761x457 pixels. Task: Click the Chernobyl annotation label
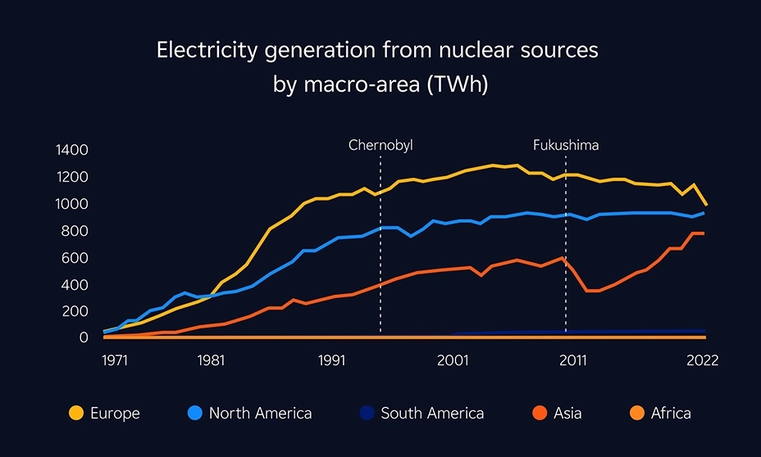tap(380, 145)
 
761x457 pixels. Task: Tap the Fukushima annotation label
tap(566, 145)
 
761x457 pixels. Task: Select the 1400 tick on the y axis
tap(71, 150)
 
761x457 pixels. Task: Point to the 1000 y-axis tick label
tap(71, 204)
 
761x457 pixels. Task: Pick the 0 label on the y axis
tap(84, 337)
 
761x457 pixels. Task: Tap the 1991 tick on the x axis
tap(332, 360)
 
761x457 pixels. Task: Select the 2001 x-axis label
tap(453, 360)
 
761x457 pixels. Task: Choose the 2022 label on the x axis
tap(702, 360)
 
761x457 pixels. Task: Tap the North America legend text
tap(260, 414)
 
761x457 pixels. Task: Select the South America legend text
tap(432, 414)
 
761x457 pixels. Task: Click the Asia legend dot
tap(538, 414)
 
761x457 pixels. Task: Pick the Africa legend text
tap(671, 414)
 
